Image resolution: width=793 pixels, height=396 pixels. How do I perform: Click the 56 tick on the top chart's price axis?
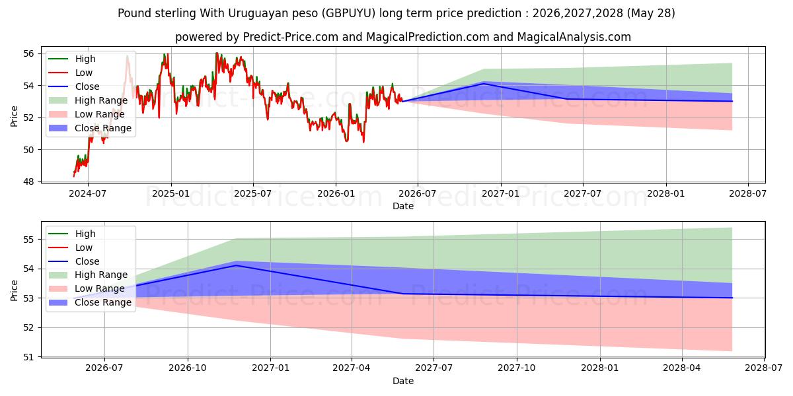click(x=28, y=53)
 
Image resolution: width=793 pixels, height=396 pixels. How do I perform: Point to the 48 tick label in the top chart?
click(x=28, y=181)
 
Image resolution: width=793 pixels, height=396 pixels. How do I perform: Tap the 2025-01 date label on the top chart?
click(x=171, y=194)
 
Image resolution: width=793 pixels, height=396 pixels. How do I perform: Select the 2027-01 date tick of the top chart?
click(x=501, y=194)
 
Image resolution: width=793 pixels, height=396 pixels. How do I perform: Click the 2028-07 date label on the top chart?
click(x=747, y=194)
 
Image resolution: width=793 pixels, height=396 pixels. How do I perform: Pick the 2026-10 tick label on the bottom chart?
click(x=187, y=368)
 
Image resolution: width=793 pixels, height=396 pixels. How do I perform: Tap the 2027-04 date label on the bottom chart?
click(x=352, y=368)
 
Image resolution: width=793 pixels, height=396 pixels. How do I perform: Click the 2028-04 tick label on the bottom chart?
click(x=681, y=368)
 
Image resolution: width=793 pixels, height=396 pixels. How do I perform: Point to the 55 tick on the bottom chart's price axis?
click(x=28, y=240)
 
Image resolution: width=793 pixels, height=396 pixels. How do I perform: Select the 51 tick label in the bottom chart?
click(x=28, y=358)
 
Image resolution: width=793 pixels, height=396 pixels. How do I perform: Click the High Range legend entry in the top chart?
click(x=88, y=100)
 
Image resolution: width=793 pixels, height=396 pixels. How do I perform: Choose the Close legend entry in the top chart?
click(x=73, y=86)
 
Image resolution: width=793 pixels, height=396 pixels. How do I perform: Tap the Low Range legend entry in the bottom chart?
click(x=87, y=288)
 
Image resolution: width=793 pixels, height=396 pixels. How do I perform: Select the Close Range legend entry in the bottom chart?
click(x=90, y=302)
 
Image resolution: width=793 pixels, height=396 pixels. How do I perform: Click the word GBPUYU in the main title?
click(x=350, y=13)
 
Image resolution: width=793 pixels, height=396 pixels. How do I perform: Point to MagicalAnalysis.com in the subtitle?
click(x=574, y=37)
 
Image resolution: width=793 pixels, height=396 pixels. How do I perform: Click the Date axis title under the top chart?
click(x=403, y=206)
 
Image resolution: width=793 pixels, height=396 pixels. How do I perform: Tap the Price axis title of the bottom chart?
click(x=14, y=290)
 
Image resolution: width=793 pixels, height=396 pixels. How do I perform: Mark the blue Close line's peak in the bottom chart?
click(x=236, y=265)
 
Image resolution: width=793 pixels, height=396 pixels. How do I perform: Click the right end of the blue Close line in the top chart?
click(x=732, y=101)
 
